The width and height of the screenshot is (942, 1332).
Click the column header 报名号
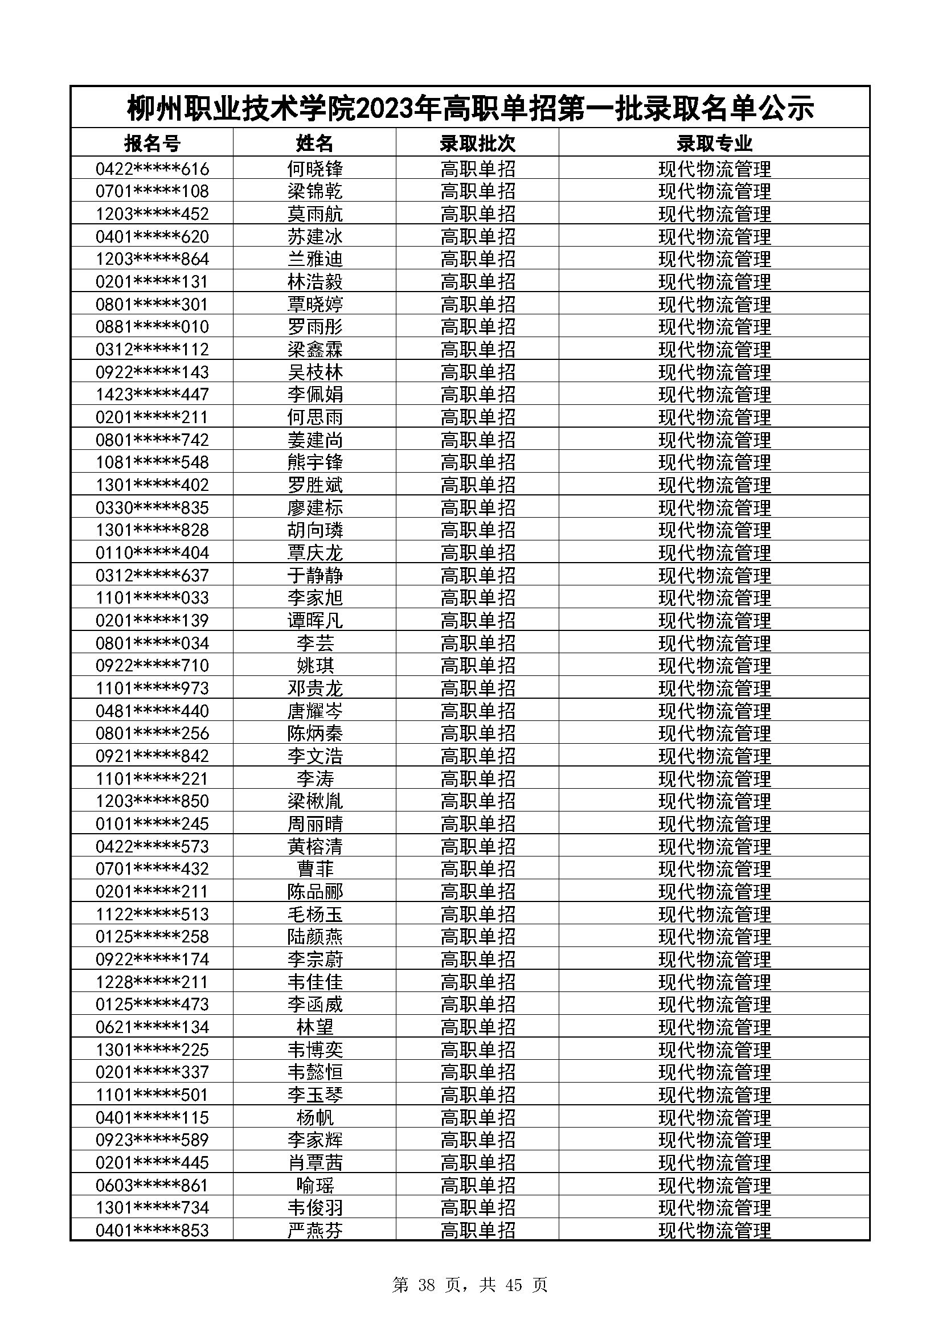(152, 143)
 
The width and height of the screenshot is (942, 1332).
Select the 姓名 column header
(314, 143)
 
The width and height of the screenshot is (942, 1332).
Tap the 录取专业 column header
(714, 143)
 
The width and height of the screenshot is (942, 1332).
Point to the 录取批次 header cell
(477, 143)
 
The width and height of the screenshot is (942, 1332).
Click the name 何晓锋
(315, 169)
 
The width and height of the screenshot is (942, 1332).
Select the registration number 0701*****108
(152, 191)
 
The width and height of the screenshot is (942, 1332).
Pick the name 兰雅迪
(315, 259)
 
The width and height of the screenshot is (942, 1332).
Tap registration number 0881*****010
(152, 327)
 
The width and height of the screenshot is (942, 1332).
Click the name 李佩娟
(315, 395)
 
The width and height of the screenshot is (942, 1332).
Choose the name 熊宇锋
(315, 462)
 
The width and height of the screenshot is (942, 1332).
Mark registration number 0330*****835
(152, 507)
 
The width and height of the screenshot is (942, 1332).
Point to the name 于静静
(315, 576)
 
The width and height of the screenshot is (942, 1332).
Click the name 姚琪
(315, 665)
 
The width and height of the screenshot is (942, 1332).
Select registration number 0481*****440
(152, 711)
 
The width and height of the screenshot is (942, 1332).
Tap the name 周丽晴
(315, 824)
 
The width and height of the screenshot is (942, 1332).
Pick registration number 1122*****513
(152, 915)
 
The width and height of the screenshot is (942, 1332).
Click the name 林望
(315, 1027)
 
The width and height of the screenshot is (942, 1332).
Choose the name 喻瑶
(315, 1185)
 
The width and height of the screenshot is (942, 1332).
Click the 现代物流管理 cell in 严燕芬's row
(714, 1231)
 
